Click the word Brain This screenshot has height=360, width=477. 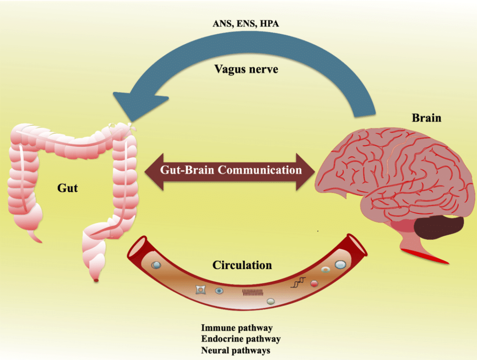click(x=426, y=117)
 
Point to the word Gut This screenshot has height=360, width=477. click(x=68, y=188)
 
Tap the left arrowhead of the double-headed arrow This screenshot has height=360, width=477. click(x=154, y=170)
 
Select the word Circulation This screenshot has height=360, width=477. click(x=242, y=265)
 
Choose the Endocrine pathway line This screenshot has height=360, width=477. click(x=240, y=339)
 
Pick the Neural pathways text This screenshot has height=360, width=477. click(x=235, y=350)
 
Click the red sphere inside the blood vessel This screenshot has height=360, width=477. click(x=314, y=283)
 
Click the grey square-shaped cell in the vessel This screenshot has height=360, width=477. click(x=201, y=290)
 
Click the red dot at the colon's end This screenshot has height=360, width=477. click(x=96, y=280)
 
